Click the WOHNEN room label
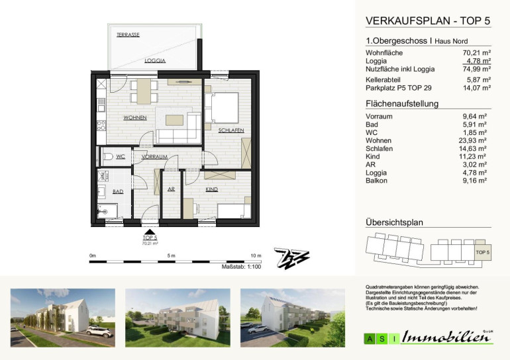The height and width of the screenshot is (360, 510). tap(135, 118)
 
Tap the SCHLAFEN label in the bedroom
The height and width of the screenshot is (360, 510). tap(231, 130)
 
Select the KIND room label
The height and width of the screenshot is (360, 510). tap(211, 189)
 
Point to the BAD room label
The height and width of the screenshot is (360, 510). tap(118, 191)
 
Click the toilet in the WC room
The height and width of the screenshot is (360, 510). tap(108, 157)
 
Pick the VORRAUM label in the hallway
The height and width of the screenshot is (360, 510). tap(154, 157)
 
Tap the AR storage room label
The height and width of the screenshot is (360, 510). tap(171, 189)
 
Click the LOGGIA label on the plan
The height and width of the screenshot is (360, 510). tap(155, 60)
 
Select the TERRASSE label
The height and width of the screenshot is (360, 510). tap(128, 35)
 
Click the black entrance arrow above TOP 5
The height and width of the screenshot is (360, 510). tap(150, 232)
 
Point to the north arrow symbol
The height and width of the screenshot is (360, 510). tap(291, 258)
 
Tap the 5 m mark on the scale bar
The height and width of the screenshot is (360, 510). tap(171, 255)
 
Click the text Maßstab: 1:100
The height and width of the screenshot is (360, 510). tap(241, 267)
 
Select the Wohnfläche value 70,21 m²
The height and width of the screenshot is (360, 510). tap(476, 53)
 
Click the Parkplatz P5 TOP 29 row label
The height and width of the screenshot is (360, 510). tap(399, 88)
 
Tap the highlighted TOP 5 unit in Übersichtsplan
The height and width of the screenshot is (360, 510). tap(483, 252)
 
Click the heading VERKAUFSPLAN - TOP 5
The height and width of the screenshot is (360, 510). tap(428, 21)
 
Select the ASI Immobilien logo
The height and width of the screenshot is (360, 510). tap(429, 337)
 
